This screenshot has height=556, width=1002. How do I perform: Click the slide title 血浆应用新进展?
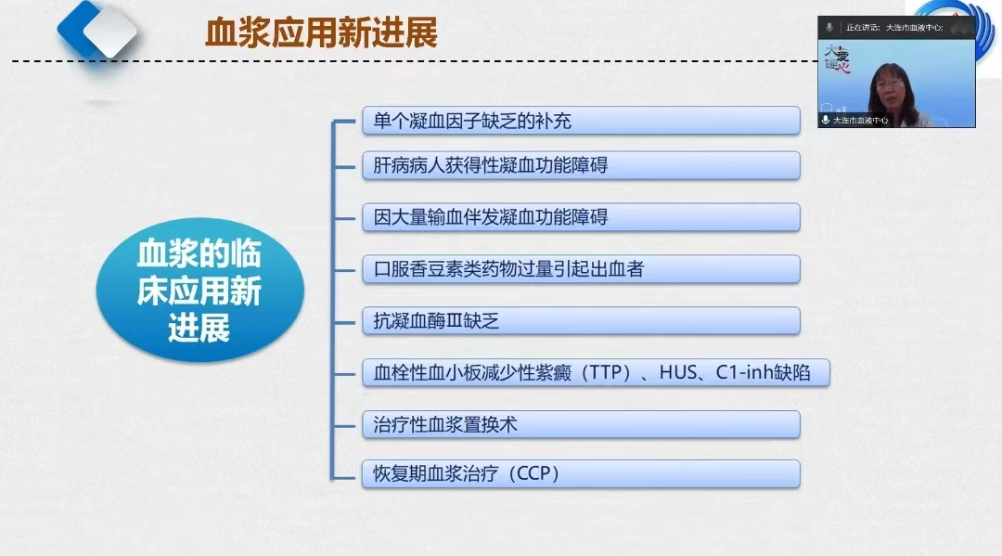click(x=321, y=33)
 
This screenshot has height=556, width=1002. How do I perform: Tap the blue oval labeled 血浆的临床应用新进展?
click(x=200, y=291)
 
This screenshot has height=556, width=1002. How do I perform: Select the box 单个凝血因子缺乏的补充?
click(x=581, y=121)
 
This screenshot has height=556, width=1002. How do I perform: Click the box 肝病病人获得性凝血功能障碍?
click(x=581, y=165)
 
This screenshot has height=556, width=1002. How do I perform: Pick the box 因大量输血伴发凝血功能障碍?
click(x=581, y=217)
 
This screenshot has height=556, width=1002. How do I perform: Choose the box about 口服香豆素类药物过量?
click(x=581, y=269)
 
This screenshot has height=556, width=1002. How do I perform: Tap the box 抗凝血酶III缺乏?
click(x=581, y=321)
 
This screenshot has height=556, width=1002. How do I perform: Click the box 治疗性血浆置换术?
click(x=581, y=425)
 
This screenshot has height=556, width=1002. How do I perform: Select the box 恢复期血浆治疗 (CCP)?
click(x=581, y=474)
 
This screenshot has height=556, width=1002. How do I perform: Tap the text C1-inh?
click(x=745, y=372)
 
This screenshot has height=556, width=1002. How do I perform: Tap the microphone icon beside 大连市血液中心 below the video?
click(x=826, y=120)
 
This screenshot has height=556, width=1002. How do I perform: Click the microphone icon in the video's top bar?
click(x=829, y=28)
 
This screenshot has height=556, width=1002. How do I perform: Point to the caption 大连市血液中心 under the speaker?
click(x=860, y=120)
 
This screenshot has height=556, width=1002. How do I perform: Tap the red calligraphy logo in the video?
click(x=837, y=59)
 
